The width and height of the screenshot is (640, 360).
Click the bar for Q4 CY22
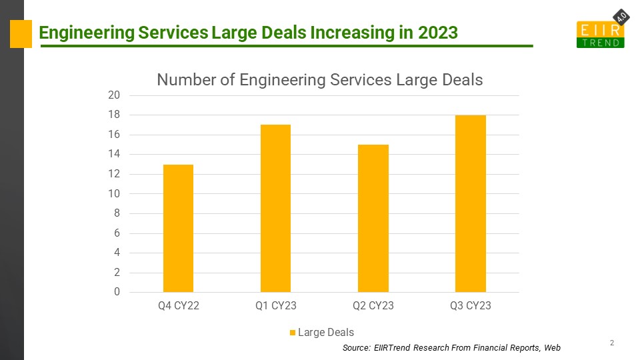(178, 228)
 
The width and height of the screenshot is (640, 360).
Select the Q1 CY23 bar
(275, 208)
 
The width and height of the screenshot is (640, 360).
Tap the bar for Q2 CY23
(373, 218)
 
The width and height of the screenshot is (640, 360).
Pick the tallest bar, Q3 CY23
(470, 203)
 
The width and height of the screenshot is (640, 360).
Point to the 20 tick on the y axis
(114, 95)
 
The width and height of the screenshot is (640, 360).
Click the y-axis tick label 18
(114, 115)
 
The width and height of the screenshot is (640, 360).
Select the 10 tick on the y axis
(114, 194)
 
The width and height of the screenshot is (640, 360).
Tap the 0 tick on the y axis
(117, 292)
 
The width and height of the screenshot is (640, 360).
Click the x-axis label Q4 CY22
(178, 306)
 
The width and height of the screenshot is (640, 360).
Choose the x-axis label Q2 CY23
(373, 306)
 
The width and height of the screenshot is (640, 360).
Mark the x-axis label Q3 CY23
(470, 306)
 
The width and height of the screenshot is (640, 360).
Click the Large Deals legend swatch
(292, 333)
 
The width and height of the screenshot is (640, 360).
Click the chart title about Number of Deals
(319, 80)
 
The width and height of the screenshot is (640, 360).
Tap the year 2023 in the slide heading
(438, 32)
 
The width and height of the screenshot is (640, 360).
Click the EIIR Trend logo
(599, 34)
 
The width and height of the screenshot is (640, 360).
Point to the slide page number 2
(611, 343)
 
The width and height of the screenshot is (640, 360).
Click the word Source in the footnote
(355, 348)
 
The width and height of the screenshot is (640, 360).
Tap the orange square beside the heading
(21, 33)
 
